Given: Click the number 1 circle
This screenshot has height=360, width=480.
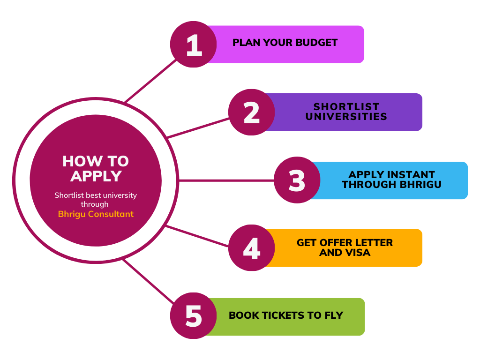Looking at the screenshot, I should pos(193,45).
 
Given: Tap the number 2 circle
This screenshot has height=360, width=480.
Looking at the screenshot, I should pos(252,112).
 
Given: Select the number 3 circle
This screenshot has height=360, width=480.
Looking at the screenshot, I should pos(297,180).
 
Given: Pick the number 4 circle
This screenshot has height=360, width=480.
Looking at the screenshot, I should pos(252,248).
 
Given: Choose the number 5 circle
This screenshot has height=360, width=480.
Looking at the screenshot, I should pos(193,316).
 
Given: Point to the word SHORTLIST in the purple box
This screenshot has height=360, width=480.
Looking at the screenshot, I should pos(346,107).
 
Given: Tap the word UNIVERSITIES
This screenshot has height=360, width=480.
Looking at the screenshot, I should pos(346,117).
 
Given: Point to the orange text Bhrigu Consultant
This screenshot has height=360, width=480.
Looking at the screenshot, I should pos(96,214).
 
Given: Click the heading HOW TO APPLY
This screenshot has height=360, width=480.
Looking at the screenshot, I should pos(96,168).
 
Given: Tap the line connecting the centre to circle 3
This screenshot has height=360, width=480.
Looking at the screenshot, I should pos(225,180).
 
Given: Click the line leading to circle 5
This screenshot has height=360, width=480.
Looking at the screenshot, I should pos(148,281).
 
